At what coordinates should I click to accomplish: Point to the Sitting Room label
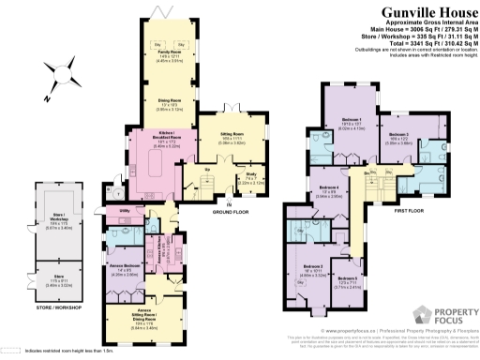[x=232, y=138]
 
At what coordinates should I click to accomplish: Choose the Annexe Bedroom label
[x=125, y=268]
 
